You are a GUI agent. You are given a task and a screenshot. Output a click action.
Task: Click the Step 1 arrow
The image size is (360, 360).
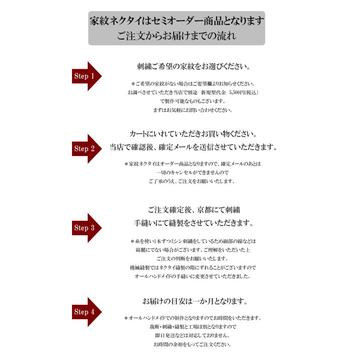(86, 76)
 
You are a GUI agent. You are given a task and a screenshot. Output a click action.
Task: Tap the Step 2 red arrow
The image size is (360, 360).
(86, 148)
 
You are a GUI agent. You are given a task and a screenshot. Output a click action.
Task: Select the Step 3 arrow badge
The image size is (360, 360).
(86, 228)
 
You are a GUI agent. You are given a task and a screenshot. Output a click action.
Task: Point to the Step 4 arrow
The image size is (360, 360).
(86, 312)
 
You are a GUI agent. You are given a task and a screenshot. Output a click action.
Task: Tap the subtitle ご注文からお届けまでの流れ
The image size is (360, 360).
(176, 36)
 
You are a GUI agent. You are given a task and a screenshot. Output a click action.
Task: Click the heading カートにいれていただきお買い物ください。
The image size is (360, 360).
(193, 134)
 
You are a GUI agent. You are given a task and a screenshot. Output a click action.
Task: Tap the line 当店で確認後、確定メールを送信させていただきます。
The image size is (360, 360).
(193, 147)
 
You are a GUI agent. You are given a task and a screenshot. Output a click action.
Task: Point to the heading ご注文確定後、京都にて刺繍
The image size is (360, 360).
(193, 210)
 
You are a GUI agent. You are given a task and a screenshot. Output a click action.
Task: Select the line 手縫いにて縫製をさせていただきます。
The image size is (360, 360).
(193, 222)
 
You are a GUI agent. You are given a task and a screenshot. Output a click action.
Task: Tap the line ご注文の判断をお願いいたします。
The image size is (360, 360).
(193, 258)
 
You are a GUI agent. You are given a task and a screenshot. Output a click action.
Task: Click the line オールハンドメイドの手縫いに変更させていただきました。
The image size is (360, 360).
(193, 276)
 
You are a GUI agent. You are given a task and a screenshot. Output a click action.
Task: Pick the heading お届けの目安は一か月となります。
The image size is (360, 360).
(193, 300)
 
